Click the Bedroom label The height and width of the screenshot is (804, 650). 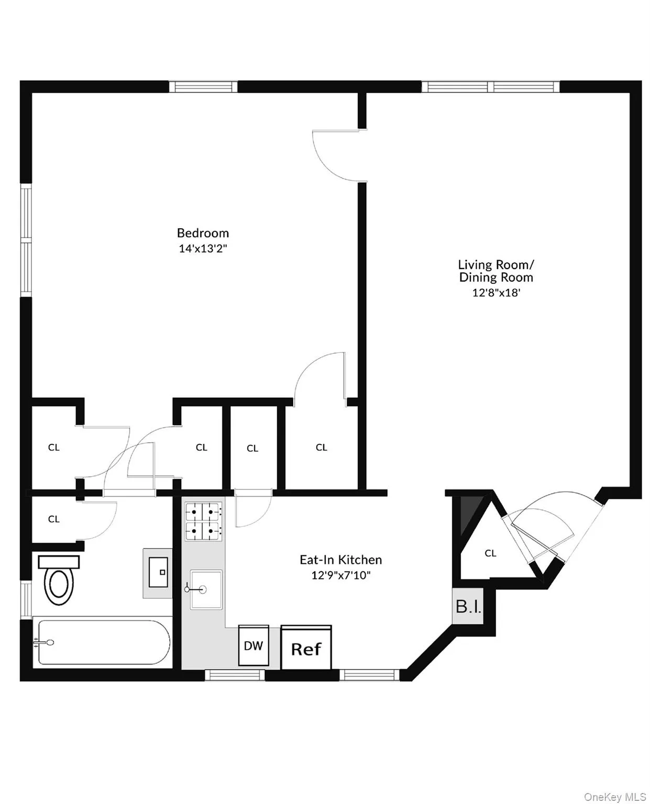pos(203,233)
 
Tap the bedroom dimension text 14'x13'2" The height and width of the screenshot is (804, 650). pos(203,248)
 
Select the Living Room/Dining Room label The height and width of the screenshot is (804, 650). pos(496,271)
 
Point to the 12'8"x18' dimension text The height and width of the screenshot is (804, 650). pos(496,293)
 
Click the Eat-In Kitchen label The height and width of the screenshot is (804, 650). pos(340,560)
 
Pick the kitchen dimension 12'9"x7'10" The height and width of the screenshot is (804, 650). pos(340,575)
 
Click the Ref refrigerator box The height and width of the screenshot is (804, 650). pos(306,648)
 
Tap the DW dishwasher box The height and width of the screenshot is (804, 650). pos(254,645)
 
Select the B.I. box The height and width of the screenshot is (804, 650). pos(468,607)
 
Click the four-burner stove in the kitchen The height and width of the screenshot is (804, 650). pos(203,521)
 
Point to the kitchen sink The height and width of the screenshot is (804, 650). pos(206,589)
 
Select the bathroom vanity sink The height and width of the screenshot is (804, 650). pos(158,573)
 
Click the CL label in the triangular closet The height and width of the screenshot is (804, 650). pos(490,553)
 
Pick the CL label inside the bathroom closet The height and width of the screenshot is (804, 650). pos(53,519)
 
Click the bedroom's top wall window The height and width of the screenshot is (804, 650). pos(203,86)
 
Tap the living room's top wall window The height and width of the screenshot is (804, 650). pos(490,86)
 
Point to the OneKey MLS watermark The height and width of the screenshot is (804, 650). pos(615,797)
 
